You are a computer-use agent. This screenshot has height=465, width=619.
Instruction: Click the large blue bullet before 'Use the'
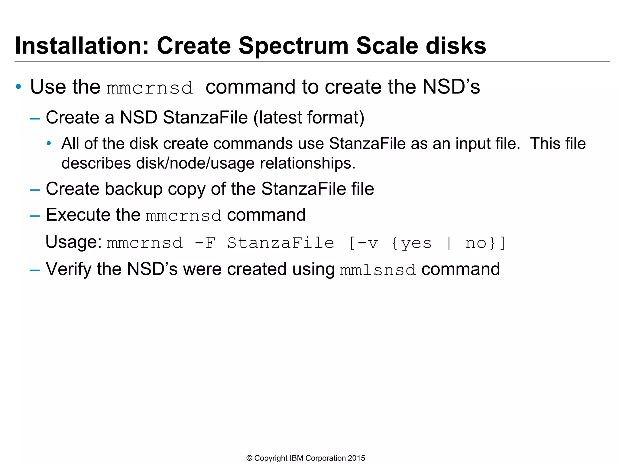tap(18, 87)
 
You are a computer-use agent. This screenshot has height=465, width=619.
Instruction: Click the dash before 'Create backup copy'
tap(35, 190)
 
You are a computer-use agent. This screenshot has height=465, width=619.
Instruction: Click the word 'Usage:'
tap(73, 242)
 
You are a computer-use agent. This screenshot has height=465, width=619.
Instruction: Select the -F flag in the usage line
tap(205, 243)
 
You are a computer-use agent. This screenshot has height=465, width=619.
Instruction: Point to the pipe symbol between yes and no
tap(449, 243)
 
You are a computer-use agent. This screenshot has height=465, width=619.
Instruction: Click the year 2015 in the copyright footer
tap(356, 458)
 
